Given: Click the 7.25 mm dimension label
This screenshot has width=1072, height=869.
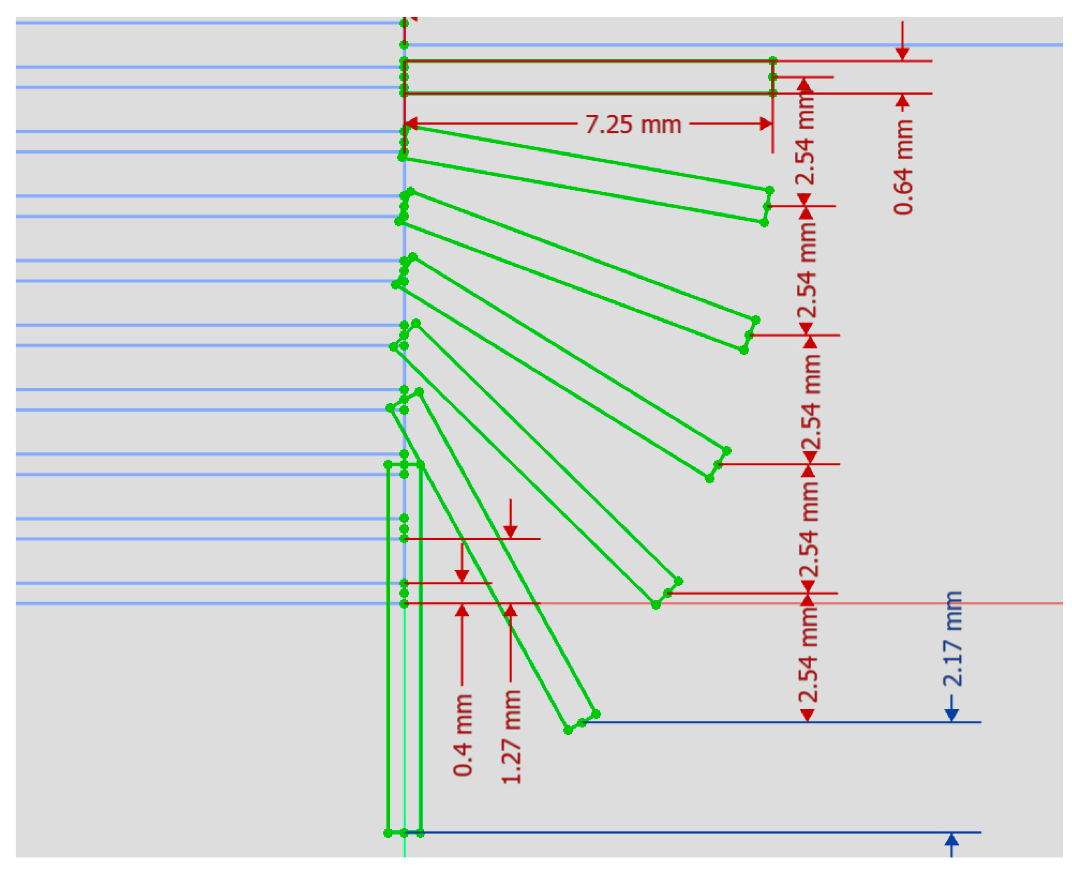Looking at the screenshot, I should click(x=633, y=124).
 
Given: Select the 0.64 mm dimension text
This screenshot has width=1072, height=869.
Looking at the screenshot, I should click(x=903, y=167).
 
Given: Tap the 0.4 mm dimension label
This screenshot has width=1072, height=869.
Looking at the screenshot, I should click(x=462, y=735).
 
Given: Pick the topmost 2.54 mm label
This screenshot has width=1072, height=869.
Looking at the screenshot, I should click(x=805, y=142).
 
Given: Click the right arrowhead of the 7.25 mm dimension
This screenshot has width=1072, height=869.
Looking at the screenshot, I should click(x=765, y=123).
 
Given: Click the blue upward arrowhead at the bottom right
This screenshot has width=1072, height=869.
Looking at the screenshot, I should click(x=952, y=839).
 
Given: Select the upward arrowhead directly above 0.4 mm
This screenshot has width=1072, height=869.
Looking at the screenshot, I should click(x=462, y=611).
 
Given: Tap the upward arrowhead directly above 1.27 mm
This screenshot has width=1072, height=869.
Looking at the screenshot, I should click(x=510, y=611).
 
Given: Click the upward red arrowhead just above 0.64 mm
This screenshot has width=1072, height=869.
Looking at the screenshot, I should click(x=902, y=102).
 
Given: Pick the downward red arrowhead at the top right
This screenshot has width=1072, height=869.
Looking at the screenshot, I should click(x=902, y=54).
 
